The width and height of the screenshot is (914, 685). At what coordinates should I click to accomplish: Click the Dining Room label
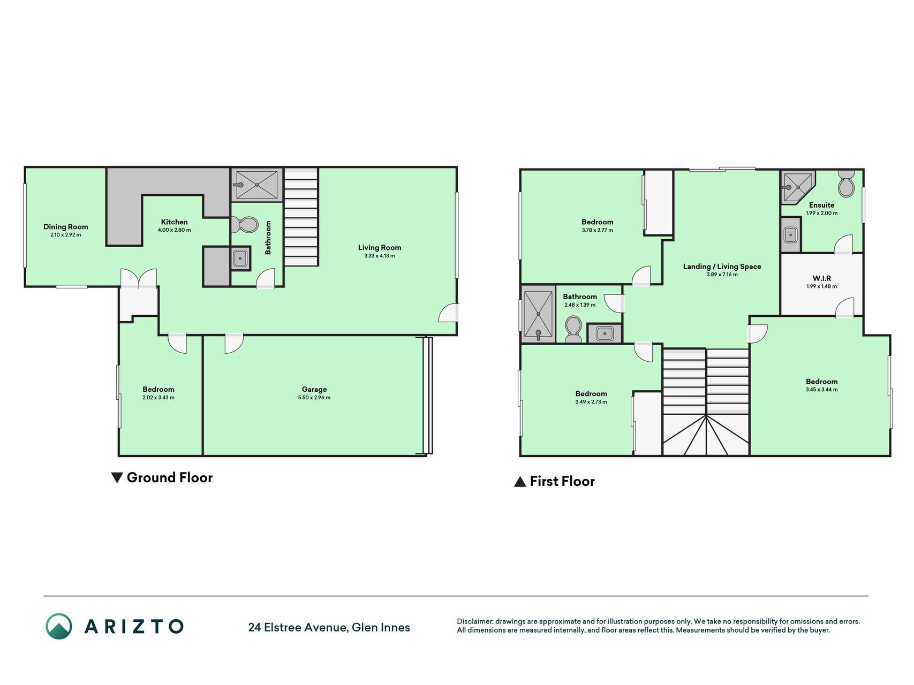(x=66, y=227)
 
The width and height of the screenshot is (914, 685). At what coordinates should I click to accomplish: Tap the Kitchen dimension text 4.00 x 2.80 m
(x=174, y=230)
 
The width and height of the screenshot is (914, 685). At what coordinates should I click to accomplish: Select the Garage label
(x=314, y=390)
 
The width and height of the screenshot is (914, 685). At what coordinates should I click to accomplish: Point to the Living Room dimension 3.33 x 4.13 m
(x=380, y=256)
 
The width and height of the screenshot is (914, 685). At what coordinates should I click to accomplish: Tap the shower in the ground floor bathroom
(x=257, y=185)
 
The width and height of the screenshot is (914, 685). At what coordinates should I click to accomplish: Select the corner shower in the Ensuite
(x=797, y=187)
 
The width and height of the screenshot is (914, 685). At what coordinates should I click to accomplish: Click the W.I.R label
(x=822, y=278)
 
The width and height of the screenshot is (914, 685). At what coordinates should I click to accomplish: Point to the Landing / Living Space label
(x=722, y=267)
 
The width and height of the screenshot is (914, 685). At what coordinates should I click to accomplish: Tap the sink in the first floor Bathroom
(x=605, y=333)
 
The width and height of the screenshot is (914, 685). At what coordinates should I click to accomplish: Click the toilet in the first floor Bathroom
(x=573, y=329)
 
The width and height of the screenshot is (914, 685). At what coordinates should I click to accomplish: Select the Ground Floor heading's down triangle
(x=117, y=477)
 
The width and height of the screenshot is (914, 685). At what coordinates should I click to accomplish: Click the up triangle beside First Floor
(x=520, y=482)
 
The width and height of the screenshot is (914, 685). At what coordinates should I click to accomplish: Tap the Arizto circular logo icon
(x=59, y=626)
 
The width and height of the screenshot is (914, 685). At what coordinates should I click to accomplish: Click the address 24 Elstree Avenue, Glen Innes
(x=329, y=627)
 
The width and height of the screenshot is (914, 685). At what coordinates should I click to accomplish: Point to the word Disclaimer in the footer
(x=474, y=621)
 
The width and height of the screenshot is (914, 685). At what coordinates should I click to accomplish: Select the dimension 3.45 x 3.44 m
(x=822, y=390)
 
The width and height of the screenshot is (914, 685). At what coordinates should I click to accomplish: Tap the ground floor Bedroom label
(x=158, y=390)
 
